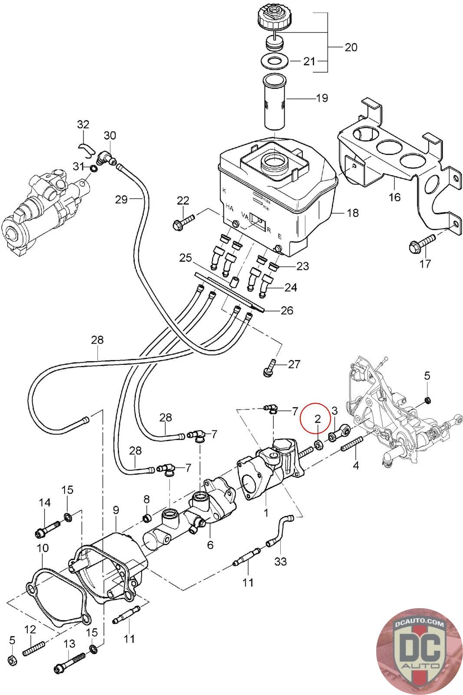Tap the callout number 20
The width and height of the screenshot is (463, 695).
click(351, 47)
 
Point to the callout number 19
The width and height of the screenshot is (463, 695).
click(322, 98)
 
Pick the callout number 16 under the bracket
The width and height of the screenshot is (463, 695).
click(394, 197)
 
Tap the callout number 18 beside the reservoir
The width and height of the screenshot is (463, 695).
click(353, 213)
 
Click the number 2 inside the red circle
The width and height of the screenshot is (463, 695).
click(318, 419)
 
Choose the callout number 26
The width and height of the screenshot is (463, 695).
click(287, 310)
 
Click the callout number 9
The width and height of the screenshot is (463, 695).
click(116, 510)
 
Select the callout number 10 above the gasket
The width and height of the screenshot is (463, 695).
click(43, 548)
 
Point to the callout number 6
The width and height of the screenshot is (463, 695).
click(210, 545)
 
